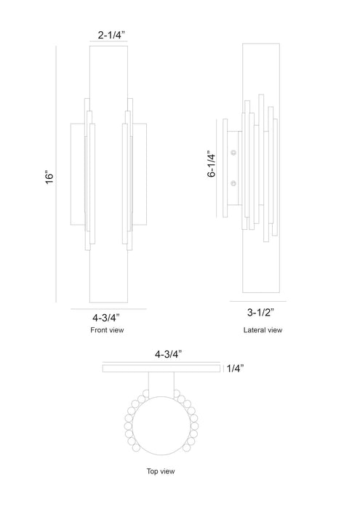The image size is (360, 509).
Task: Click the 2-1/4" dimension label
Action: point(111,35)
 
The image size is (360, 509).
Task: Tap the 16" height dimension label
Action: point(49,177)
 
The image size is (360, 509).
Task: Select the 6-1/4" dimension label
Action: point(212,164)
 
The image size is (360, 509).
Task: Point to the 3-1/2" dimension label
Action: point(260,312)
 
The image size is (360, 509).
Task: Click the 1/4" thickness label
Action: point(235,369)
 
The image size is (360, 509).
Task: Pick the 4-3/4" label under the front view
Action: point(106,317)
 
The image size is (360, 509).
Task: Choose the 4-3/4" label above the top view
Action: point(168,354)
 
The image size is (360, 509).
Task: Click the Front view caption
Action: point(107,330)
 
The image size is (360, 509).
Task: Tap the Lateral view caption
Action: point(263,330)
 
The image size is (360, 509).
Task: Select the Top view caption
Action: point(161,471)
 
